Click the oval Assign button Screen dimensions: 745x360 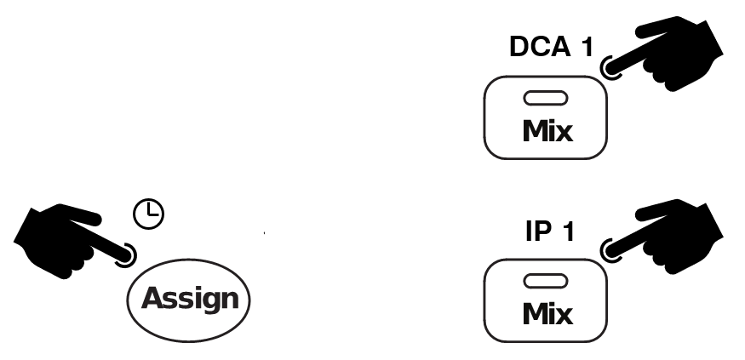[189, 300]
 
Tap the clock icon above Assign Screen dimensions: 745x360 [149, 214]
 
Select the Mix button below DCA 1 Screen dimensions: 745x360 [546, 117]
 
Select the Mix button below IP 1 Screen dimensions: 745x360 [546, 300]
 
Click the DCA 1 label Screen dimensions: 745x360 [551, 47]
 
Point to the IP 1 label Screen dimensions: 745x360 [550, 231]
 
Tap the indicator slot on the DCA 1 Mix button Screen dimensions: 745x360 [546, 98]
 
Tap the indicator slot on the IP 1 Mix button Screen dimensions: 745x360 [546, 281]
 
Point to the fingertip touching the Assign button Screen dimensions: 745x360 [125, 255]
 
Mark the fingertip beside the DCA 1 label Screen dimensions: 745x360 [611, 67]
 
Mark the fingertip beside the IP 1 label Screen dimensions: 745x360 [611, 251]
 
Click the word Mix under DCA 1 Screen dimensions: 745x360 [547, 130]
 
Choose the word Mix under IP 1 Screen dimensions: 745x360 [547, 314]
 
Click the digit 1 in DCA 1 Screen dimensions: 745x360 [587, 47]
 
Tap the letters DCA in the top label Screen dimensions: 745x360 [540, 47]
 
